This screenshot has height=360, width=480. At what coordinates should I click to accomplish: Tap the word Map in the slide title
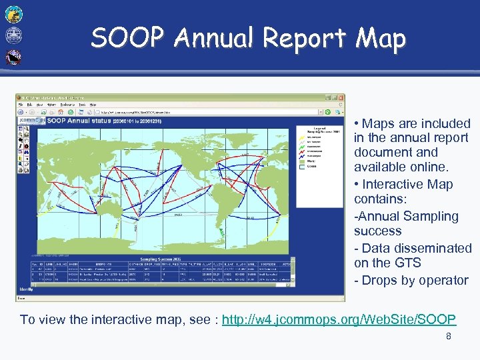[381, 38]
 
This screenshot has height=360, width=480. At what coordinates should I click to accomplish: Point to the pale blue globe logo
[13, 35]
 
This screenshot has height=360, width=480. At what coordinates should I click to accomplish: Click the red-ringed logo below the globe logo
[13, 57]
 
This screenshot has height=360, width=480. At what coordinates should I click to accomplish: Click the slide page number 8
[449, 337]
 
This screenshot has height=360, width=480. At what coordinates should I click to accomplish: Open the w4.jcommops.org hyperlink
[339, 319]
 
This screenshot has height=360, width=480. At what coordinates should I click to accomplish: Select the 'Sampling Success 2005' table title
[162, 259]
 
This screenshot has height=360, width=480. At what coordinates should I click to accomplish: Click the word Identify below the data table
[27, 289]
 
